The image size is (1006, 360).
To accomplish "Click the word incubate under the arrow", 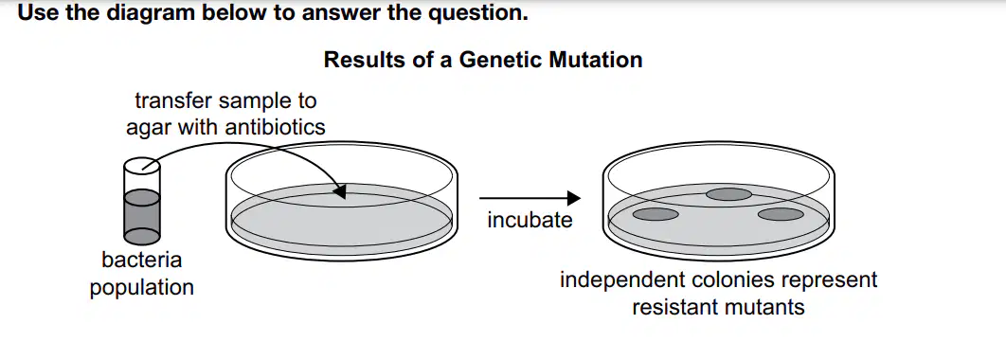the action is point(530,220).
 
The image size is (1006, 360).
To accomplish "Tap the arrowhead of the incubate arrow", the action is point(574,198).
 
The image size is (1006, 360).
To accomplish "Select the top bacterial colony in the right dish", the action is point(728,194).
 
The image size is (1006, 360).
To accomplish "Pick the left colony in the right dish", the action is point(656,214).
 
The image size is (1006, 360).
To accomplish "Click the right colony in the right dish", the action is point(781,214).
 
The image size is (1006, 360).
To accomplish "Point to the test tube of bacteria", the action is point(142,202).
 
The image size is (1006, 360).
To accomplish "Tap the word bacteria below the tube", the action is point(142,260).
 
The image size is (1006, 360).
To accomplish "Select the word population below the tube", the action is point(142,287).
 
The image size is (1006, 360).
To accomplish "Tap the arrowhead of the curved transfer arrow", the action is point(339,190).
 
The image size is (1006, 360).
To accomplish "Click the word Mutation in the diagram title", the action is point(596,60).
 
